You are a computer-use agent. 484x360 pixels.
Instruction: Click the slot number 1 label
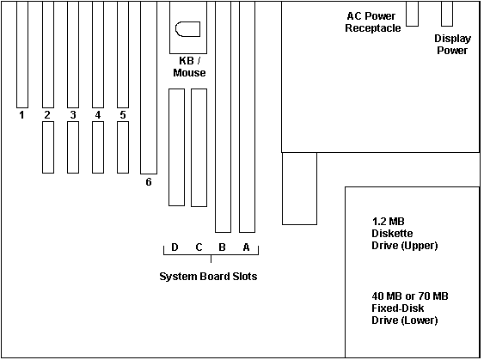21,115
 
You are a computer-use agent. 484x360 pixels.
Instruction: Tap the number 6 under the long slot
149,182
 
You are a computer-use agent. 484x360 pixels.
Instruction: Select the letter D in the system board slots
175,247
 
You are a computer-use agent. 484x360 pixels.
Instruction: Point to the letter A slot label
246,247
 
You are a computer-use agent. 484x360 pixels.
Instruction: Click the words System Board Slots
208,276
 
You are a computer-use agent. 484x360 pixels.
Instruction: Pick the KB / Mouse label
189,67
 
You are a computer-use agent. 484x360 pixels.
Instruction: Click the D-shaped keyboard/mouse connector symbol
187,29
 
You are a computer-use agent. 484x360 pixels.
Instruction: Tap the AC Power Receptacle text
373,21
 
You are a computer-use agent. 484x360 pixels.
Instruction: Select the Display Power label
452,45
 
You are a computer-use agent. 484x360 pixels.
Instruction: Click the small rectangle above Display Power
447,14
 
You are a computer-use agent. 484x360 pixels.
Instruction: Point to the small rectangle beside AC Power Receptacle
412,14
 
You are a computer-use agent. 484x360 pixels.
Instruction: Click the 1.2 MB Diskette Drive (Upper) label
405,234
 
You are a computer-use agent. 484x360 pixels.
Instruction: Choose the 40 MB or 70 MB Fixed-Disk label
410,308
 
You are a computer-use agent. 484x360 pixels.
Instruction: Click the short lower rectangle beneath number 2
48,147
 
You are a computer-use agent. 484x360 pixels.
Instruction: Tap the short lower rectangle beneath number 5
123,147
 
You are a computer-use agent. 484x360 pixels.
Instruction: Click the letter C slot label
199,247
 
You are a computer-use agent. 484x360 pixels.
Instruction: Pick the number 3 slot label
73,115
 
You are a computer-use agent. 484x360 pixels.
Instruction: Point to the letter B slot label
222,247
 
